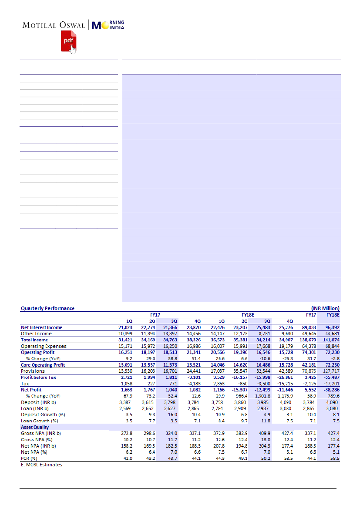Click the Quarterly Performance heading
click(47, 308)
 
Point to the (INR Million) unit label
click(325, 308)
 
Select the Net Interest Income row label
click(41, 327)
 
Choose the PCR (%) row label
click(29, 458)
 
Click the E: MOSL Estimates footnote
click(41, 465)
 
